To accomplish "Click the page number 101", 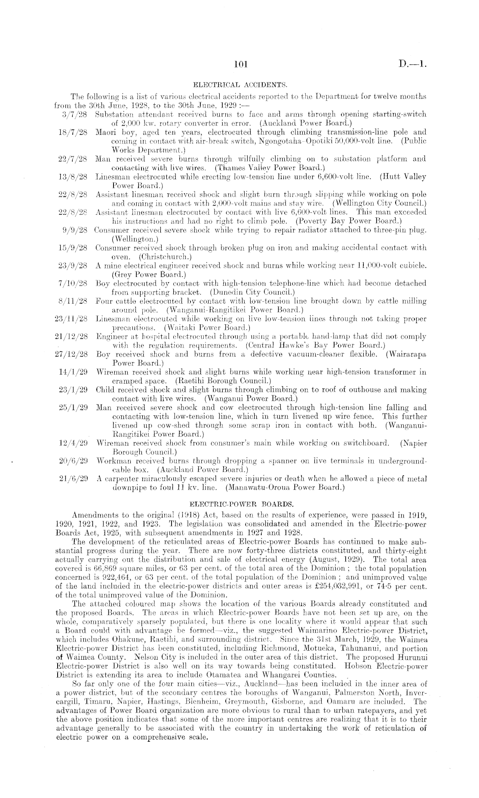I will (239, 65).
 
